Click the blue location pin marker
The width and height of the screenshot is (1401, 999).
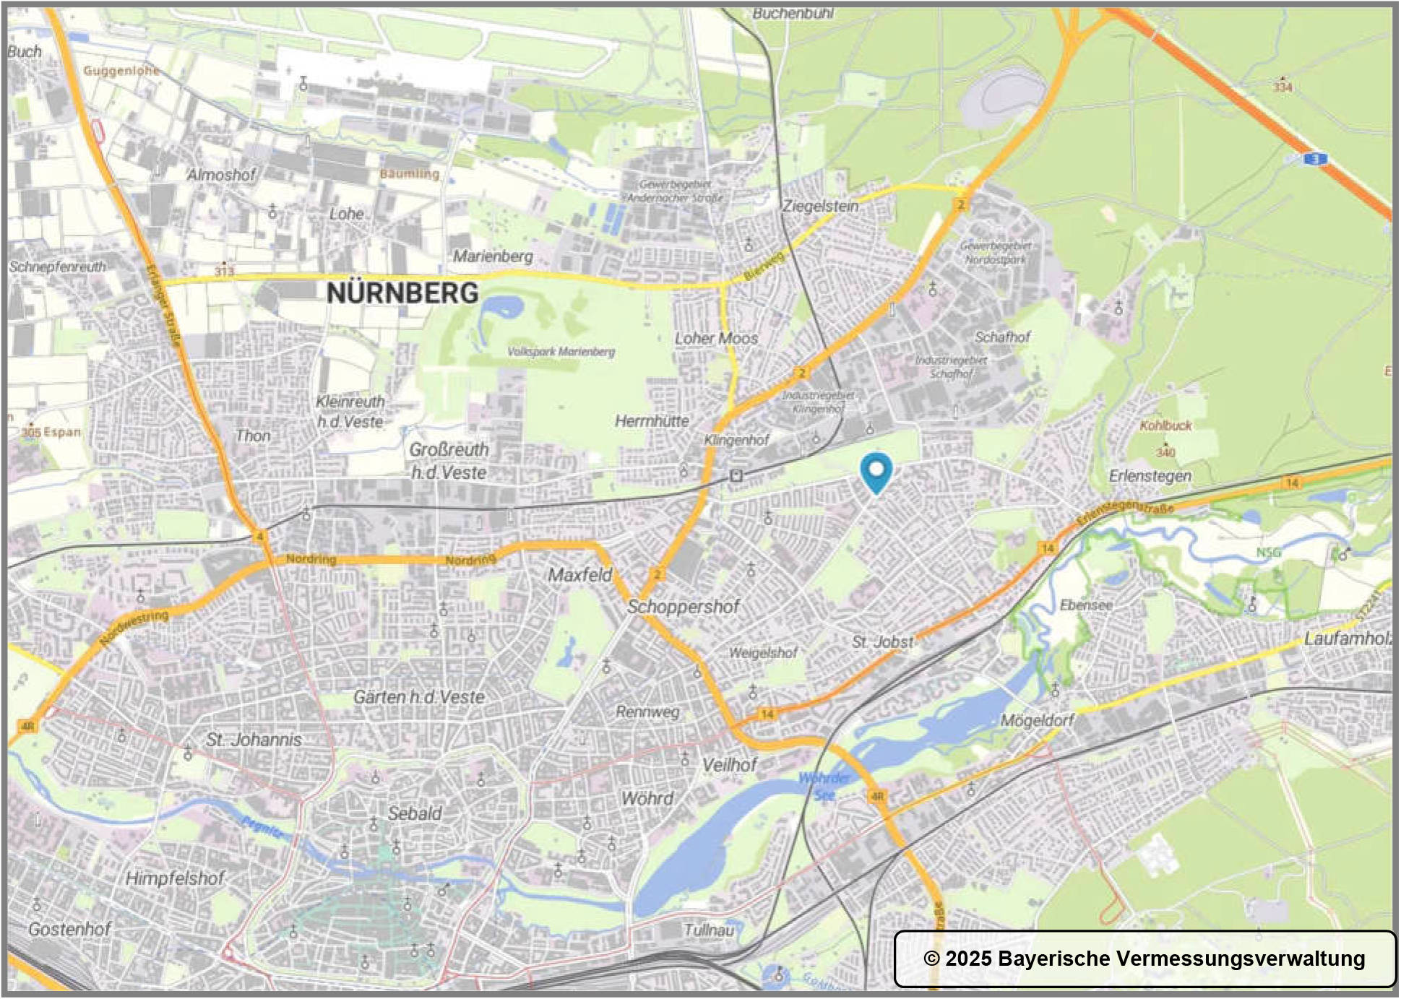[x=876, y=472]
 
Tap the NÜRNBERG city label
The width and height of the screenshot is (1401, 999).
[x=402, y=293]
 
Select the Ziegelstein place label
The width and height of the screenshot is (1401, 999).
[x=821, y=206]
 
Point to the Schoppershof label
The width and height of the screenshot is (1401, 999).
[x=683, y=607]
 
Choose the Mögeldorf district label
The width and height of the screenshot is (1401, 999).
[x=1038, y=720]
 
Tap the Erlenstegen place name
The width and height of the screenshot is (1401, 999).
[x=1150, y=476]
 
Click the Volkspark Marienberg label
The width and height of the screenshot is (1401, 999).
[x=561, y=352]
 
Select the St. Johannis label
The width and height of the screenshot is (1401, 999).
[x=254, y=740]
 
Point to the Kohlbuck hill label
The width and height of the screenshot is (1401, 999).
[x=1165, y=425]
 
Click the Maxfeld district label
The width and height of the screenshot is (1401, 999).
[x=579, y=575]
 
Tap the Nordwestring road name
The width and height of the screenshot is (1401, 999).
[x=134, y=627]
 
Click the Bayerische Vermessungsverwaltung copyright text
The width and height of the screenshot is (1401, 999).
[x=1144, y=959]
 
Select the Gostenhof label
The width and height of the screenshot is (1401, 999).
[x=69, y=929]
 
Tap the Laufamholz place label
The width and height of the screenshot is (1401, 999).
[x=1348, y=639]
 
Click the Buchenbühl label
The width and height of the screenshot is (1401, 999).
[x=793, y=13]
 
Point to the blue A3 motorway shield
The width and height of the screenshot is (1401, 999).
[x=1316, y=159]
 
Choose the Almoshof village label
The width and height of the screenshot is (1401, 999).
[x=221, y=175]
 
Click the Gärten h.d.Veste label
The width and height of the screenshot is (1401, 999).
[x=418, y=697]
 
